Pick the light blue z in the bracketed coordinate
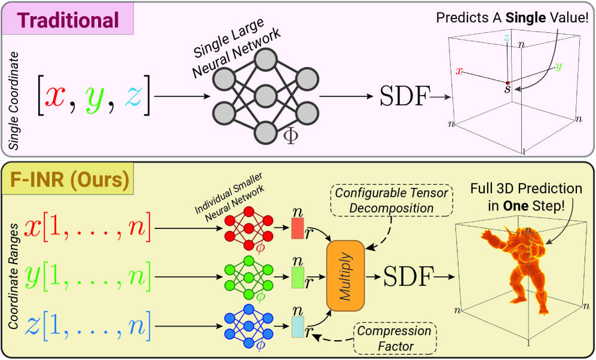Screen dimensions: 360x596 [x=132, y=95]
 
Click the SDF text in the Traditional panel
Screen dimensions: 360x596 [x=405, y=96]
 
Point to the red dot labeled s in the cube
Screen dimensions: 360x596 [x=508, y=83]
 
